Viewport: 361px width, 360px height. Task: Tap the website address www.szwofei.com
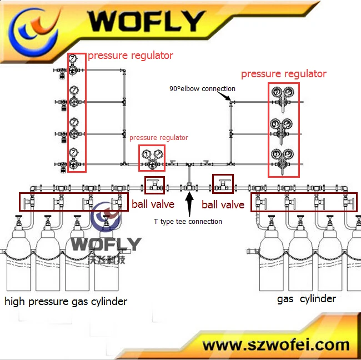coord(275,345)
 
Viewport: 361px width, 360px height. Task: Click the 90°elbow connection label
coord(202,89)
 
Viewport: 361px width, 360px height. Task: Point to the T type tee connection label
coord(188,222)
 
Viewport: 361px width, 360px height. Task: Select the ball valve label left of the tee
coord(153,204)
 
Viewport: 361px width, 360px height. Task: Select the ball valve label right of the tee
coord(223,205)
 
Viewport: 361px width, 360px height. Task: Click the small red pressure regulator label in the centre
coord(159,138)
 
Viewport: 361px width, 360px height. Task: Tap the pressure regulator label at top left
coord(131,56)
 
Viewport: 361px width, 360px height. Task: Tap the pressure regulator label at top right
coord(283,74)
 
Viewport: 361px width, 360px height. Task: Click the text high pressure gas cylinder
coord(66,302)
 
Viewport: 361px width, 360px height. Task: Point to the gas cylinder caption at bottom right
coord(307,299)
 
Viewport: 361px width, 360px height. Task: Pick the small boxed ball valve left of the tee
coord(154,185)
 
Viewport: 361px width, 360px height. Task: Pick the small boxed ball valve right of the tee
coord(223,184)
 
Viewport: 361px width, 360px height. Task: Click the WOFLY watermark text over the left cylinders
coord(106,244)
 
